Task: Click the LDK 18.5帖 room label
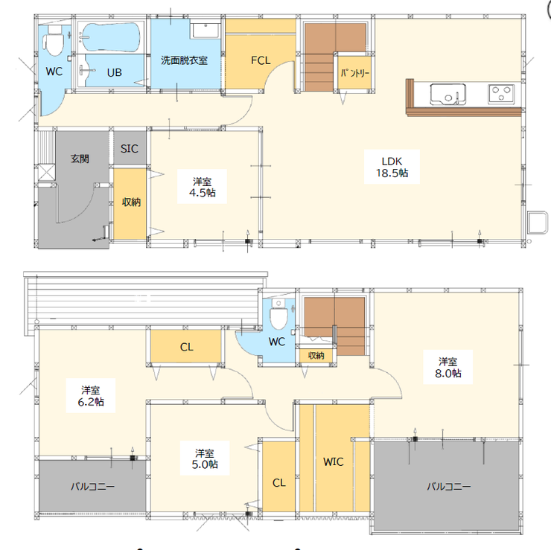[392, 167]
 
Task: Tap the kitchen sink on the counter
[448, 94]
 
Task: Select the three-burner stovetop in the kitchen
[501, 94]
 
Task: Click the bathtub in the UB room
[110, 37]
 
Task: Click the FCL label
[261, 60]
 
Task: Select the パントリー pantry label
[354, 73]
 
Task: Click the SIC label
[130, 149]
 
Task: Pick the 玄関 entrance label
[80, 159]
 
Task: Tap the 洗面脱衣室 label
[184, 60]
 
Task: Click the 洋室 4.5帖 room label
[202, 188]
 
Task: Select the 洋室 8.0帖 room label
[448, 368]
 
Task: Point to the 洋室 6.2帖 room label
[91, 396]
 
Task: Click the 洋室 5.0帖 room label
[205, 458]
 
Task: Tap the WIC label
[333, 462]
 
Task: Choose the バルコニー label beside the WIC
[448, 487]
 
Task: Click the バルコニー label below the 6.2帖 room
[92, 487]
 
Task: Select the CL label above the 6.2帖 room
[187, 348]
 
